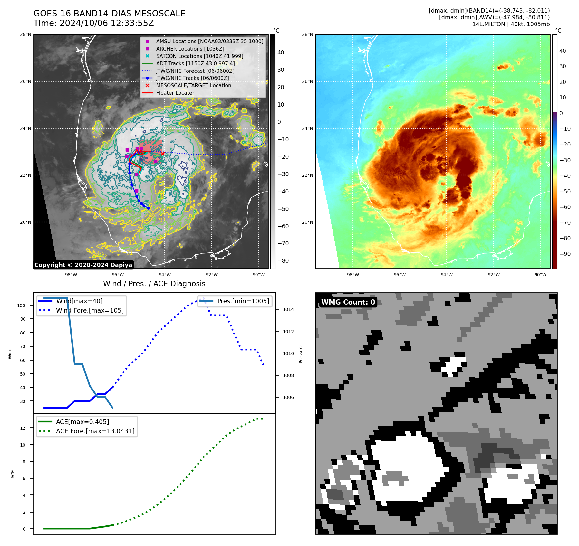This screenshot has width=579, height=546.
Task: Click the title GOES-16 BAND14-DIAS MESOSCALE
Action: (109, 14)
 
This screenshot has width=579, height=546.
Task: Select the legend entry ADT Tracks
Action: (195, 63)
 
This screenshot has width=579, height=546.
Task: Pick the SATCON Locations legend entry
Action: (199, 56)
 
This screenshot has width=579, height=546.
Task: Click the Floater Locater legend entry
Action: (175, 93)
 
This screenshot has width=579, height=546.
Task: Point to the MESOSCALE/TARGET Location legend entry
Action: (193, 85)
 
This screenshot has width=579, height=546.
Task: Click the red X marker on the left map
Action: (163, 154)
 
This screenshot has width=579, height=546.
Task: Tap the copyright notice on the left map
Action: (83, 265)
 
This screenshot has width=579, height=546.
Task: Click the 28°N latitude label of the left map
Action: (25, 34)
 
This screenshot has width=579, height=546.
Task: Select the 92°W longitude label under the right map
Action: (494, 275)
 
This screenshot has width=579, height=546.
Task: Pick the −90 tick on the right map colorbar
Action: (565, 254)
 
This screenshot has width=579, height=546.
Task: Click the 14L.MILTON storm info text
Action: (511, 24)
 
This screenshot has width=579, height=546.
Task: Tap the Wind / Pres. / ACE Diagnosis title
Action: (154, 284)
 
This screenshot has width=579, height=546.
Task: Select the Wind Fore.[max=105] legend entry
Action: (90, 310)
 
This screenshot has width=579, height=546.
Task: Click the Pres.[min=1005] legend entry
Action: (243, 301)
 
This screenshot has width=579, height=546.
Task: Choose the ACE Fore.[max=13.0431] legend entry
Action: (95, 431)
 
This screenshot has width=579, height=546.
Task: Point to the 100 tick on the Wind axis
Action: (21, 306)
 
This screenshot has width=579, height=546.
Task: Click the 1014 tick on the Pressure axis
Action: (288, 309)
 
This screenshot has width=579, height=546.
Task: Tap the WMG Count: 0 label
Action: (348, 302)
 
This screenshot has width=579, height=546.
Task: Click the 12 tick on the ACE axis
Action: (23, 428)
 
